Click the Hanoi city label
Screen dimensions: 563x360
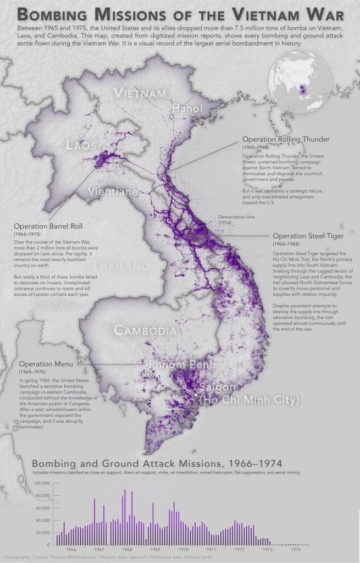click(188, 108)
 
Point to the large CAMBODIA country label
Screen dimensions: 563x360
click(145, 330)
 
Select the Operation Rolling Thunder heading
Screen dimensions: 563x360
click(283, 140)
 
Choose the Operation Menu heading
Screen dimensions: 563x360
click(46, 364)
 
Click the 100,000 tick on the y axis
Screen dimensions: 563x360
click(42, 483)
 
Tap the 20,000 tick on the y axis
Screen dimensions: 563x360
click(43, 533)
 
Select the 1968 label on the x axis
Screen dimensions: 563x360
click(127, 549)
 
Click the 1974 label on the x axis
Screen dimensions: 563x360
click(296, 549)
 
